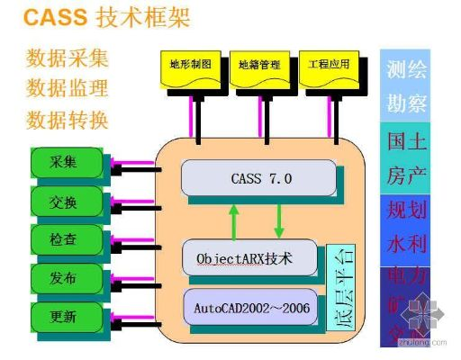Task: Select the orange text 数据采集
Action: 68,59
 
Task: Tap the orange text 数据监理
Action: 68,89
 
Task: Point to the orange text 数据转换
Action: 68,120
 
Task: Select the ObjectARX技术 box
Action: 249,258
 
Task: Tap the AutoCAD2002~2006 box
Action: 250,307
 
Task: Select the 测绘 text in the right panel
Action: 407,70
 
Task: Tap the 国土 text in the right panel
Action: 407,142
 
